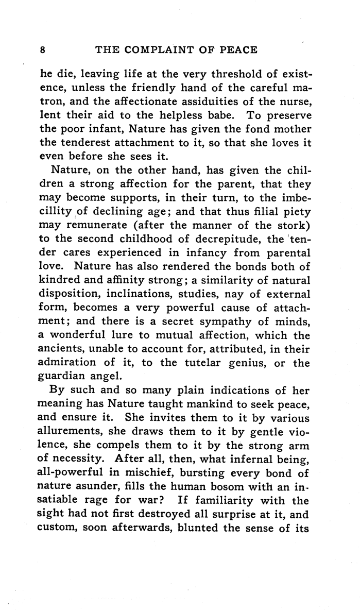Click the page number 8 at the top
click(43, 50)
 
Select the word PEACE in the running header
click(233, 50)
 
